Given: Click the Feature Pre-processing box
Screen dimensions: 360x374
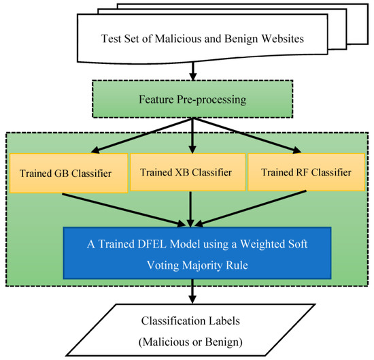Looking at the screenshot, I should (x=187, y=101).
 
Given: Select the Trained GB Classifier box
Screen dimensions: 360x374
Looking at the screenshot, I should (x=70, y=172).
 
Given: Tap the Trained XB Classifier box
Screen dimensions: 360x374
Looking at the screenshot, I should (x=188, y=171).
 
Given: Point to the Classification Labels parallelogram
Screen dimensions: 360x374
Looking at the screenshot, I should (x=187, y=328).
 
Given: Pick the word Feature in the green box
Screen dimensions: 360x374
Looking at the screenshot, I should (x=156, y=101).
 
